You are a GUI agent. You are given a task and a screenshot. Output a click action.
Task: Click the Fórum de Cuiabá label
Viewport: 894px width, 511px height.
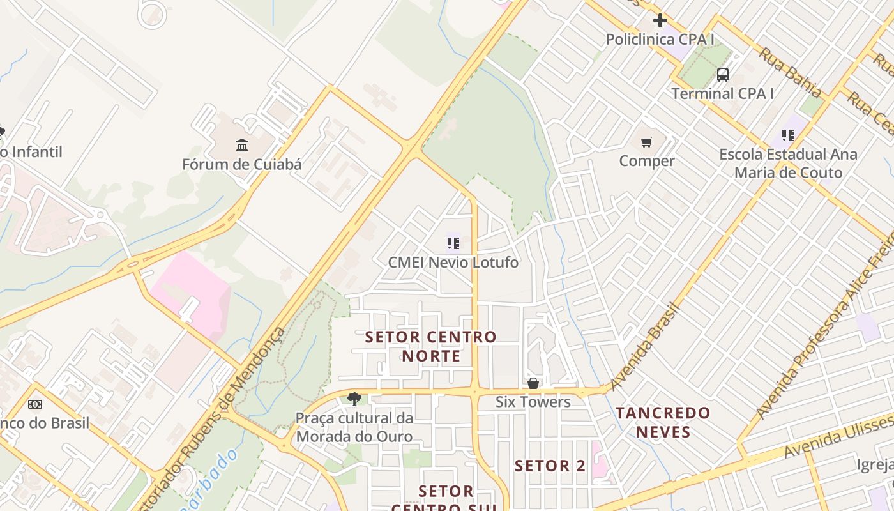click(241, 164)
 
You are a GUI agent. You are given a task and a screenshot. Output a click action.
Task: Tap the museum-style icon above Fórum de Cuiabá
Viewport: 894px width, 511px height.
click(242, 146)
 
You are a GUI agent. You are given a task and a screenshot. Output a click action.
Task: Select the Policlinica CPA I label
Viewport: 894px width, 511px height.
click(660, 39)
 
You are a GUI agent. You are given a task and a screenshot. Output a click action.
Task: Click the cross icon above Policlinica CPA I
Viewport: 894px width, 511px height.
click(660, 20)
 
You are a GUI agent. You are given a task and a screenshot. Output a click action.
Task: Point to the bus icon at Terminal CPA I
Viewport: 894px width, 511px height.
click(722, 75)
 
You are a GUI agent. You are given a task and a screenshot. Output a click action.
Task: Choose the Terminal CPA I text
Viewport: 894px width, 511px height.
click(722, 93)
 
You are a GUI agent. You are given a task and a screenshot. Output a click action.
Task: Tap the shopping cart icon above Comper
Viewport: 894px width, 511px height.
click(647, 142)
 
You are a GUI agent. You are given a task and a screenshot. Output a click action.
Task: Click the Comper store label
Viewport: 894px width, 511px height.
click(647, 161)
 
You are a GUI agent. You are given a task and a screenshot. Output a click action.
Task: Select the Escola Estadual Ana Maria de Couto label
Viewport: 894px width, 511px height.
click(789, 164)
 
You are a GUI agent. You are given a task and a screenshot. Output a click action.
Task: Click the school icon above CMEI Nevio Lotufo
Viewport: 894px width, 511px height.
click(453, 243)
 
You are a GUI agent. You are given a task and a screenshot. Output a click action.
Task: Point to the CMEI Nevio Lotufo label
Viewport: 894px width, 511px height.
click(453, 263)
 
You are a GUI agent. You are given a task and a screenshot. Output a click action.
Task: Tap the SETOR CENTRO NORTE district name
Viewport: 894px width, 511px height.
click(430, 346)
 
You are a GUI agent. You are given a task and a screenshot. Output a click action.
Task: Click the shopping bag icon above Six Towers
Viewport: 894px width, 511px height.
click(533, 383)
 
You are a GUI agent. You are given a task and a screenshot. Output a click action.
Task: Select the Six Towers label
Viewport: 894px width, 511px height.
click(533, 402)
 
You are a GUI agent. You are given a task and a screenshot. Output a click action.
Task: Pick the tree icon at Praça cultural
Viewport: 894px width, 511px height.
click(354, 400)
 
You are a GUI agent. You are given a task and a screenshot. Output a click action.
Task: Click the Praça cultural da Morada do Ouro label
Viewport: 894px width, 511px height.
click(354, 428)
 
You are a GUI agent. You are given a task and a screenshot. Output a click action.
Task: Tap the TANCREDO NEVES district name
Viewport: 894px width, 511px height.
click(663, 422)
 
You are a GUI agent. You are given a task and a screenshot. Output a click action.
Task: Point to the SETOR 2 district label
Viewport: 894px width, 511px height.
click(550, 466)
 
